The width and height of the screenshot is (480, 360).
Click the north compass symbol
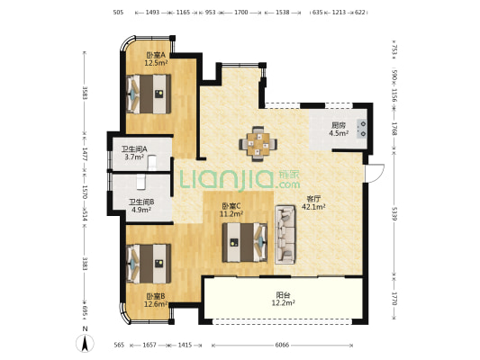[x=85, y=343]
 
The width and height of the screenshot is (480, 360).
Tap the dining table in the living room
[x=258, y=143]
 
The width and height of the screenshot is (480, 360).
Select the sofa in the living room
[x=285, y=235]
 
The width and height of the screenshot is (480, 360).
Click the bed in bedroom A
[x=149, y=94]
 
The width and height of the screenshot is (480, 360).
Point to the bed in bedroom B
[x=149, y=264]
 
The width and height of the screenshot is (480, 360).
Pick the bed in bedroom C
[x=245, y=242]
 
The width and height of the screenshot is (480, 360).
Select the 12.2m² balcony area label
[x=283, y=303]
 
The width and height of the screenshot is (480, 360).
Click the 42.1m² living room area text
[x=313, y=207]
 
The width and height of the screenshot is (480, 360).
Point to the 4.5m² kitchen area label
[x=339, y=133]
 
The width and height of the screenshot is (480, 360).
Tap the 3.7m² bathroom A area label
[x=134, y=157]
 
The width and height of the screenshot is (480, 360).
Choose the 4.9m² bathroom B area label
[x=141, y=210]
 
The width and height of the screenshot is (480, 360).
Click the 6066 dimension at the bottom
[x=282, y=345]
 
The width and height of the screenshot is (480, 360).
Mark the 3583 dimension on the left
[x=85, y=93]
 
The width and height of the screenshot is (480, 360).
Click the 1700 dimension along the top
[x=241, y=13]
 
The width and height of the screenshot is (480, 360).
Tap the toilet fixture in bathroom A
[x=152, y=163]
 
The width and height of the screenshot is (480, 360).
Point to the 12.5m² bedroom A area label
[x=156, y=63]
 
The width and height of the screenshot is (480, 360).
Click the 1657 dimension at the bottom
[x=149, y=345]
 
